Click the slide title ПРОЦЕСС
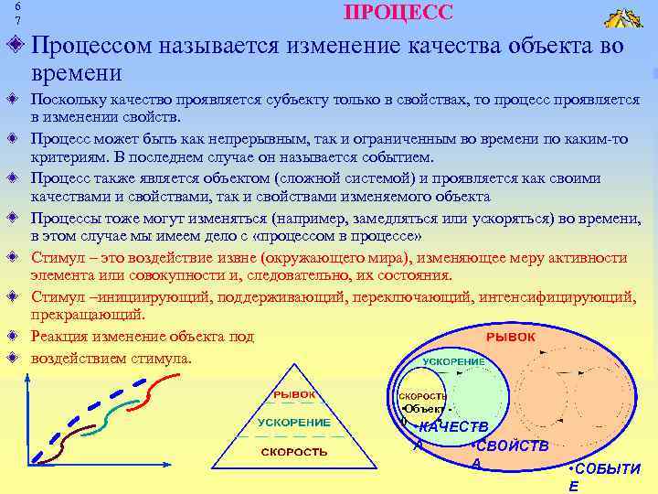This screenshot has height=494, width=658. pos(398,12)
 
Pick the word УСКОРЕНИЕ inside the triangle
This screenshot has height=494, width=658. pos(293,423)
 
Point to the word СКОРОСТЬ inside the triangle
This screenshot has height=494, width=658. pos(293,452)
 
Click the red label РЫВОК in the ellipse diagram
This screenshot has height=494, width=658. pos(511,338)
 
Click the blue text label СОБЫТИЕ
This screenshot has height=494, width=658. pos(603,476)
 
